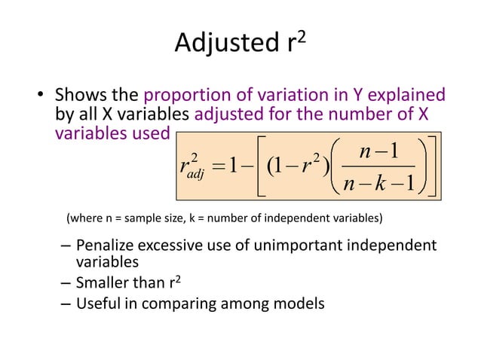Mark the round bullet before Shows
pos(43,97)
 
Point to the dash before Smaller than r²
pos(65,284)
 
